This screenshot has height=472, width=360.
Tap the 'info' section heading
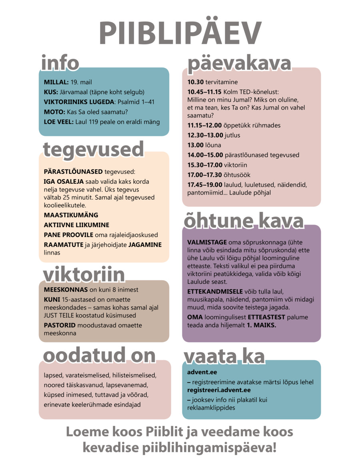tap(60, 63)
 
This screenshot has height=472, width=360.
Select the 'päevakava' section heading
tap(239, 63)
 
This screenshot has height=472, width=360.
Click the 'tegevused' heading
tap(93, 149)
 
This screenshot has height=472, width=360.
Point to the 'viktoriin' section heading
tap(84, 275)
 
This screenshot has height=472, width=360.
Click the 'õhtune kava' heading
tap(244, 221)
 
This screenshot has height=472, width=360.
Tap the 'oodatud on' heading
tap(99, 355)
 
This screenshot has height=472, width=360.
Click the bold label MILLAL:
tap(56, 82)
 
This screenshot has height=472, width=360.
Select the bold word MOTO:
tap(54, 112)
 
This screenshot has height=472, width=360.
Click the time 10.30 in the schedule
tap(196, 82)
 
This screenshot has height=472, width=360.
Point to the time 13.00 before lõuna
tap(196, 145)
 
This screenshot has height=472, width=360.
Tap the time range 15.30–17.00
tap(204, 165)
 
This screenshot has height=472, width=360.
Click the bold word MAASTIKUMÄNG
tap(71, 215)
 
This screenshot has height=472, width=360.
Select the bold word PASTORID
tap(60, 325)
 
